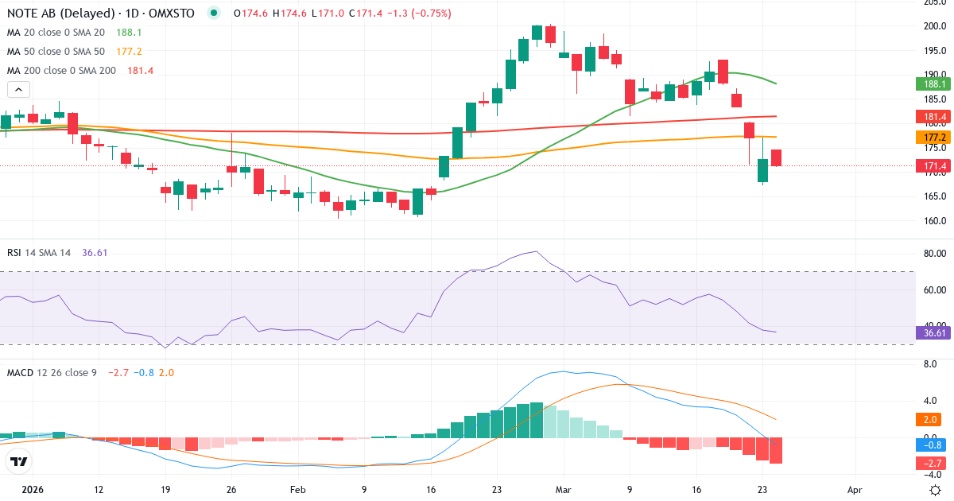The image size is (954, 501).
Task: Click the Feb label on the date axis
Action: (297, 490)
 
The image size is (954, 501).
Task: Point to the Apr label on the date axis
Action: (855, 490)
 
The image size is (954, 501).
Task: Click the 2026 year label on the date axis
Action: (33, 490)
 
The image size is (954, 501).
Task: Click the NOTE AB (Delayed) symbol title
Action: (52, 13)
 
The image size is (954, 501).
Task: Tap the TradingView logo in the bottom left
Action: (19, 461)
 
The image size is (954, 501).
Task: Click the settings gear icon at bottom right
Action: (935, 490)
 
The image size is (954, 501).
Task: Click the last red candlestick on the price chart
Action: (776, 158)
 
